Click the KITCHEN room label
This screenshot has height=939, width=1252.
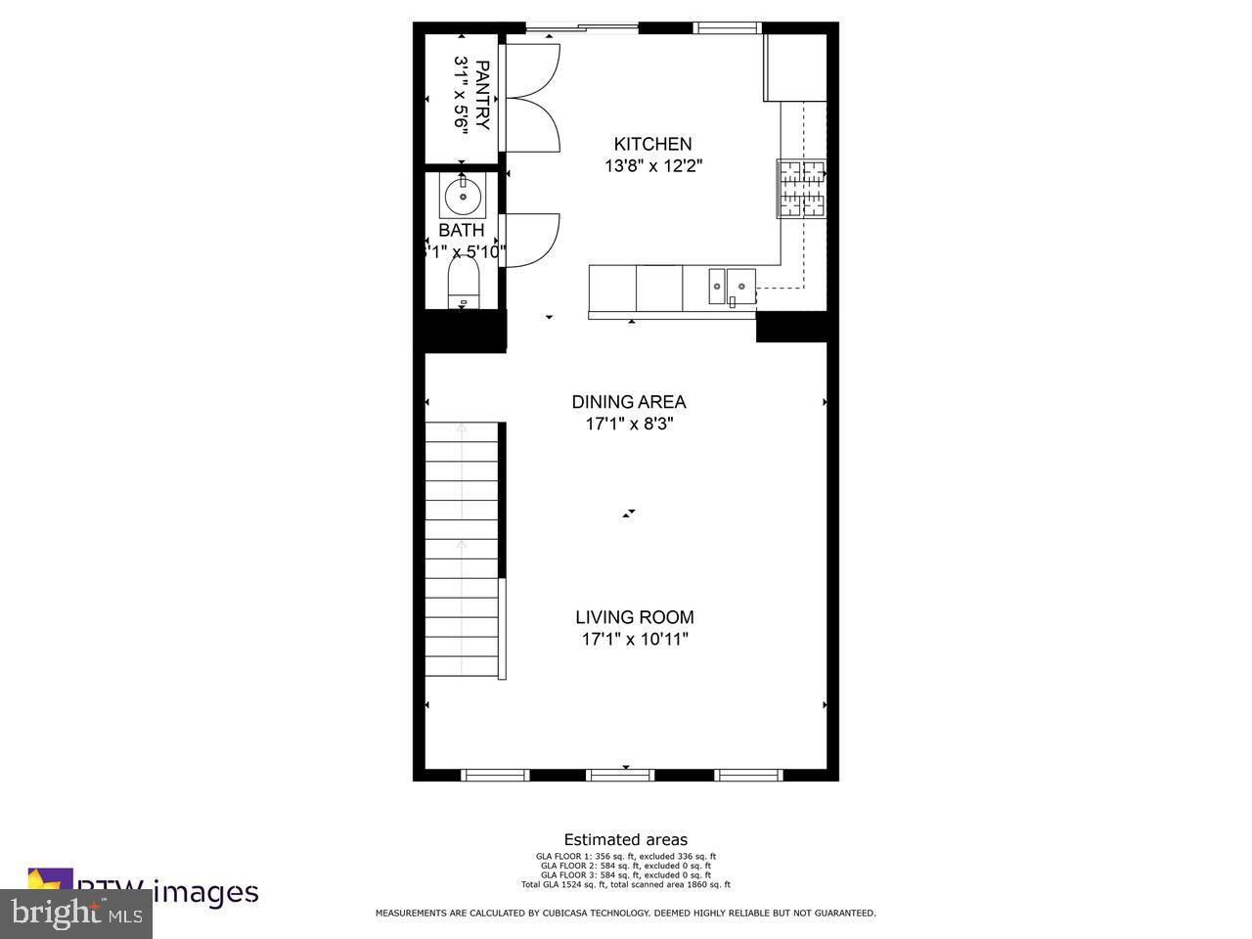click(652, 144)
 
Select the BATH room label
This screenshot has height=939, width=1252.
click(461, 231)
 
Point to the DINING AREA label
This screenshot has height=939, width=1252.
click(629, 402)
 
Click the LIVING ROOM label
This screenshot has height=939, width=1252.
click(634, 617)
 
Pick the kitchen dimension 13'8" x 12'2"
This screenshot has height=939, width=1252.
click(652, 166)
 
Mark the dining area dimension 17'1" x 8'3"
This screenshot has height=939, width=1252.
click(629, 425)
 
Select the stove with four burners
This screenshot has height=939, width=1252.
click(802, 188)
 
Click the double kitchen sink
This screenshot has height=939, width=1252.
click(732, 286)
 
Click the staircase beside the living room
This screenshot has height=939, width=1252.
click(463, 550)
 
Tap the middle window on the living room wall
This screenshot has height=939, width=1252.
click(620, 775)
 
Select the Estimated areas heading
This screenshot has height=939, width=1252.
click(626, 839)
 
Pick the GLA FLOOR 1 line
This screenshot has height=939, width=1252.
click(626, 856)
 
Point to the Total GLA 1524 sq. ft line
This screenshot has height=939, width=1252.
click(626, 884)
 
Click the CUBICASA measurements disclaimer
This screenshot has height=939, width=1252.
click(626, 913)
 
